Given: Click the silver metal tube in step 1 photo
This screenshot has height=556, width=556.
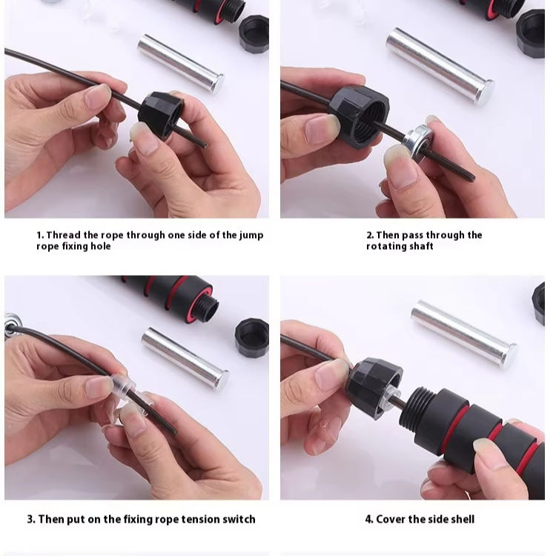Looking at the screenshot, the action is (x=181, y=64).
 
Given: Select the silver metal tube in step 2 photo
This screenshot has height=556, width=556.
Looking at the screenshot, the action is (x=440, y=65).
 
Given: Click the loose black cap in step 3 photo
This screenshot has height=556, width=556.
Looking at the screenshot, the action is (x=252, y=338).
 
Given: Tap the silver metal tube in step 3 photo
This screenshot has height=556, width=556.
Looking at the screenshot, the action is (x=185, y=359).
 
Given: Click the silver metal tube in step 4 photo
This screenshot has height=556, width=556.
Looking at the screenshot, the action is (x=464, y=334).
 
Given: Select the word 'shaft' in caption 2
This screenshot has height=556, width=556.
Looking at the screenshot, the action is (x=422, y=246).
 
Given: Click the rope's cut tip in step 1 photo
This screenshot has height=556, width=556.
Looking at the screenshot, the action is (x=205, y=145).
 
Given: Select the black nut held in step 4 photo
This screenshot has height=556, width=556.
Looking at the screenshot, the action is (x=374, y=387).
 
